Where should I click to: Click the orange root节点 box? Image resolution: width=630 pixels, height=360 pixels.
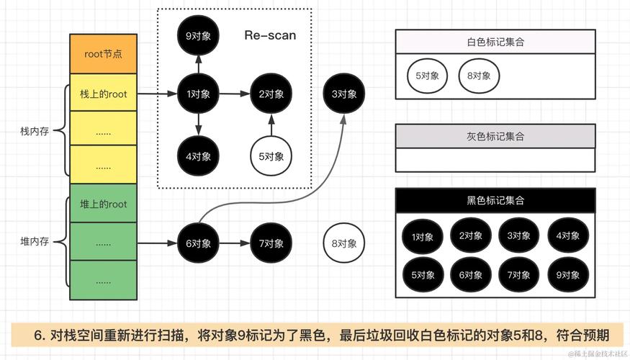click(103, 53)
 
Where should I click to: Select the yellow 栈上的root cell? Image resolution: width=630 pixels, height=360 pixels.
click(103, 94)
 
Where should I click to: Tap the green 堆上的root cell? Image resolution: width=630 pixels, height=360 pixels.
click(103, 204)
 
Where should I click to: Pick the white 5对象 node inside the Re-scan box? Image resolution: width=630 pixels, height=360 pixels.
click(271, 156)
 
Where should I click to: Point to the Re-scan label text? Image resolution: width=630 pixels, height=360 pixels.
click(270, 35)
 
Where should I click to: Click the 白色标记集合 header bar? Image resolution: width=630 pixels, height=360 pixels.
click(495, 42)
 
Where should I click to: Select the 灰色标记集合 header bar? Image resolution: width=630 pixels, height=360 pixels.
click(495, 136)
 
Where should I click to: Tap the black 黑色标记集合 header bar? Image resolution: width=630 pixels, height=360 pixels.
click(495, 200)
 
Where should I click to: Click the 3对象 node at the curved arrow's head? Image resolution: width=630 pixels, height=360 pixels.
click(344, 94)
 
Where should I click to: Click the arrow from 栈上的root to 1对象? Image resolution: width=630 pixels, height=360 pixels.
click(157, 94)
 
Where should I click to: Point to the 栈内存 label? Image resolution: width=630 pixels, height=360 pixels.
click(34, 132)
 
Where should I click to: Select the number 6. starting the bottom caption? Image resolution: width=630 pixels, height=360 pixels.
click(40, 336)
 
